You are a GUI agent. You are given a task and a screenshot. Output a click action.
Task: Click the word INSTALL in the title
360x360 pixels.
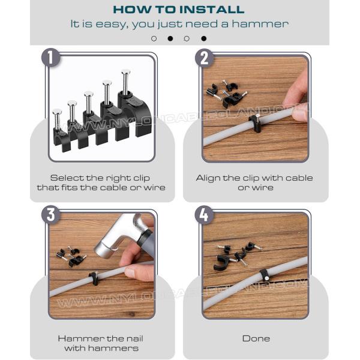(212, 10)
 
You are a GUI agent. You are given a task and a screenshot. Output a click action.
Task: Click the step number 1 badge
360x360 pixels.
(51, 58)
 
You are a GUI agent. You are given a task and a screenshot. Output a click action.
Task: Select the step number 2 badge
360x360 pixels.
(205, 58)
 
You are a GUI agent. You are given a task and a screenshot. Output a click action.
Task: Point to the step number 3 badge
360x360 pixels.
(51, 215)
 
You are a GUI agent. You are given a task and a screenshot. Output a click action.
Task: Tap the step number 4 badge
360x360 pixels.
(204, 215)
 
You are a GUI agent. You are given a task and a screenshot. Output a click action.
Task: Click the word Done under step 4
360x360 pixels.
(256, 338)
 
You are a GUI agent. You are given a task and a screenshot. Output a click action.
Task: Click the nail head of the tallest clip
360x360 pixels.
(126, 73)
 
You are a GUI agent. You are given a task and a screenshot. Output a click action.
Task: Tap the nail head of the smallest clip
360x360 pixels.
(57, 112)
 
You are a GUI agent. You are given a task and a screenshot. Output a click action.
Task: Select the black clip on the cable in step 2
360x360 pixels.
(255, 123)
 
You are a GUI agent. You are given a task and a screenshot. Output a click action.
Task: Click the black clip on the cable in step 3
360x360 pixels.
(94, 278)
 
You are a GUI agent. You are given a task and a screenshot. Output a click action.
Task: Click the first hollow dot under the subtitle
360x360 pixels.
(154, 38)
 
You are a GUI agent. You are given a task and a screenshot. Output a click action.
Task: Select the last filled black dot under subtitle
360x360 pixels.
(204, 38)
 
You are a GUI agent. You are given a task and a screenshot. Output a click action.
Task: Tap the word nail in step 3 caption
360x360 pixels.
(133, 338)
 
